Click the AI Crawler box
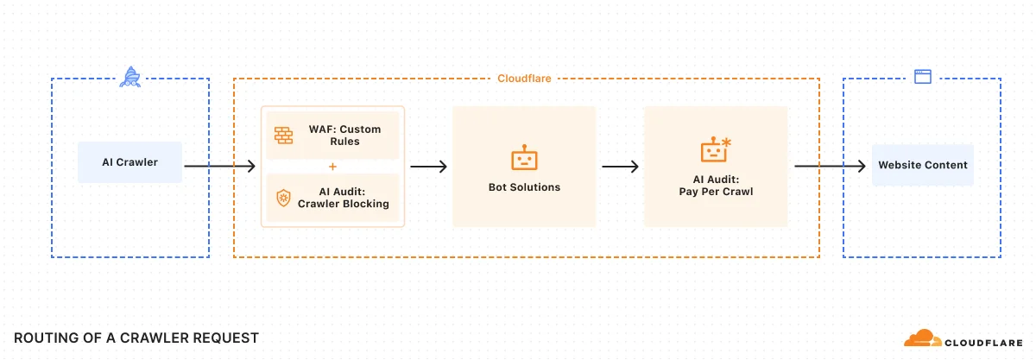point(129,162)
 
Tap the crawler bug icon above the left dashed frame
point(130,78)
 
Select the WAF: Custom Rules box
point(332,136)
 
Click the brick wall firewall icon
point(284,135)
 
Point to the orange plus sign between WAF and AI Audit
point(332,167)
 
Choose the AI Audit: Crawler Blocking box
point(332,198)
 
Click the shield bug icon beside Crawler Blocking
point(283,198)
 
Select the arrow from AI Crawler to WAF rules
point(220,166)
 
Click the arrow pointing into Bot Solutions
point(428,166)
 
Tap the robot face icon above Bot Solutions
point(524,160)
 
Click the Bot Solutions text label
point(524,187)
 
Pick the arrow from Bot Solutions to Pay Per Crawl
point(620,166)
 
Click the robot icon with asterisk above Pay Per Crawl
point(716,150)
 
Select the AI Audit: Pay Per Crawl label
point(716,186)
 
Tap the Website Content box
point(922,165)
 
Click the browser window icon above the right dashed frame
point(922,77)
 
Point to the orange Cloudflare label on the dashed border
point(524,79)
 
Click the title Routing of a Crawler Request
point(136,338)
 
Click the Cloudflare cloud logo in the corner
point(922,338)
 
